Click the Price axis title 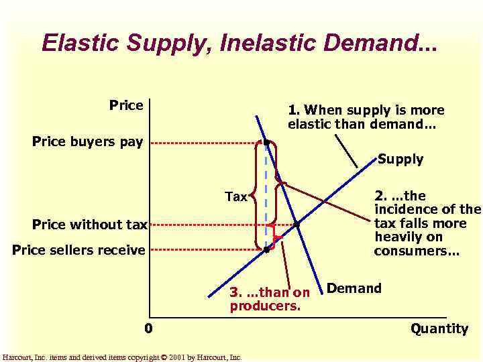point(126,105)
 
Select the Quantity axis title point(439,328)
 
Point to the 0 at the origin point(148,328)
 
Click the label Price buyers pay point(87,141)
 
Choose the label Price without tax point(89,225)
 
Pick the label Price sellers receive point(78,250)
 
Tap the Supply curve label point(400,159)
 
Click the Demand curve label point(354,289)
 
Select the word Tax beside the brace point(236,196)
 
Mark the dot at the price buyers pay point(266,143)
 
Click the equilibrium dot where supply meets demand point(297,225)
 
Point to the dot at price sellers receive point(266,249)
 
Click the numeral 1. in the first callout point(293,109)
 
